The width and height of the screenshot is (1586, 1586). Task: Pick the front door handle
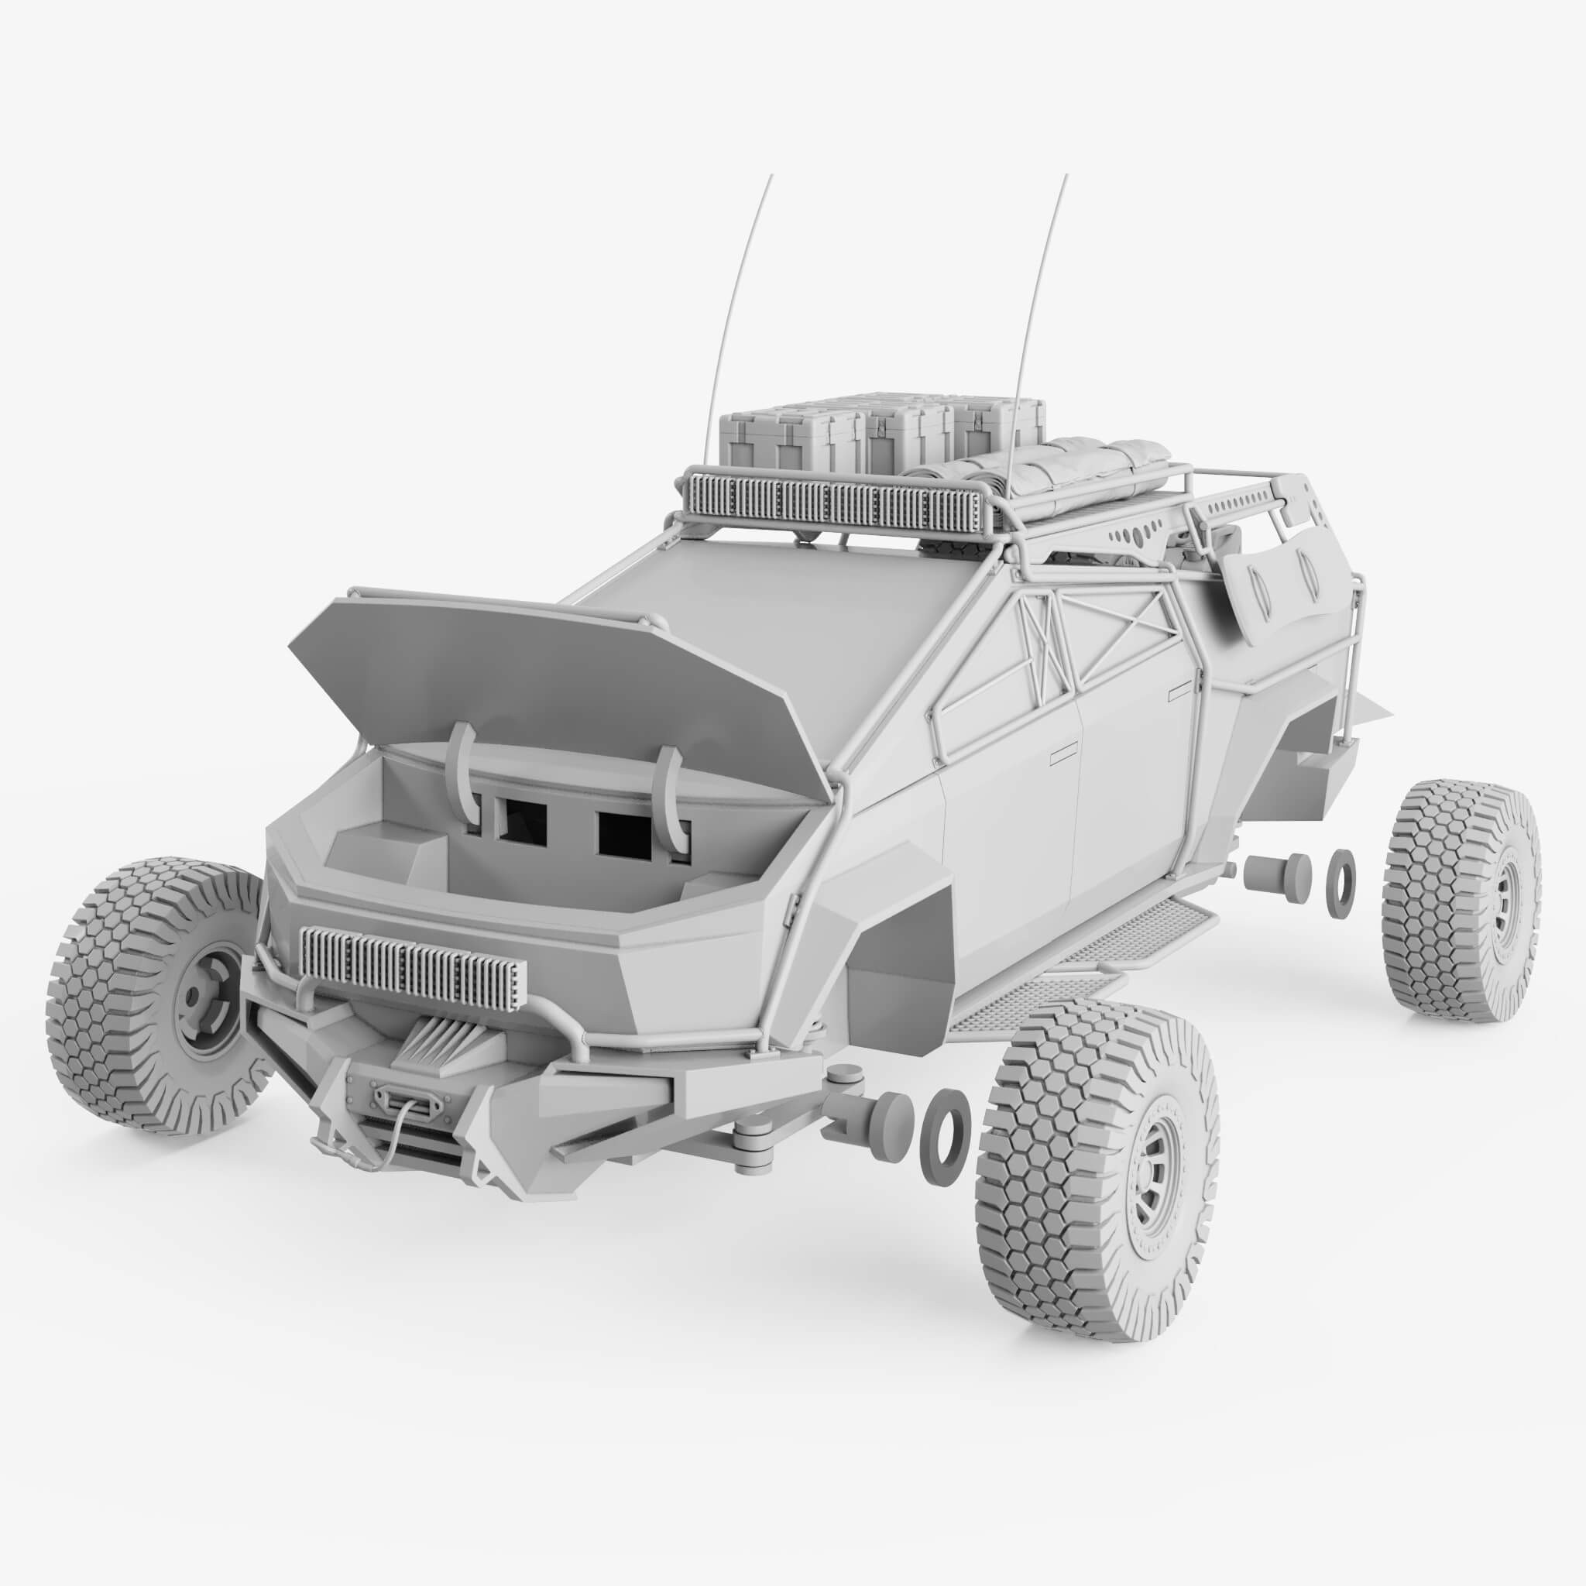[x=1067, y=750]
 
